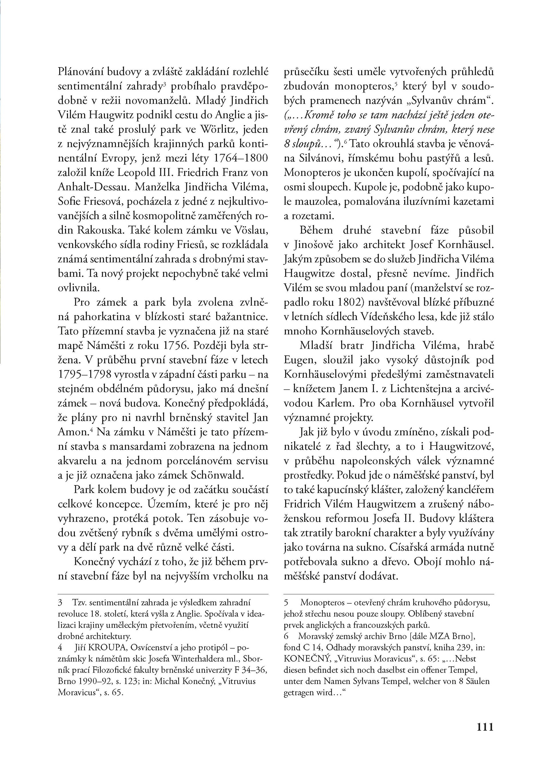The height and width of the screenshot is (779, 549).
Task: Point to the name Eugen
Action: coord(299,360)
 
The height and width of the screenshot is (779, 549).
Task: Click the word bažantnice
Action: coord(242,317)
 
